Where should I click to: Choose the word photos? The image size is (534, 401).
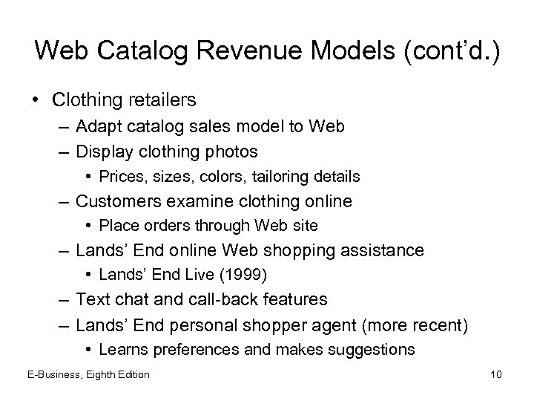coord(230,151)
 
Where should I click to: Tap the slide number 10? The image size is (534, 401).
coord(495,374)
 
